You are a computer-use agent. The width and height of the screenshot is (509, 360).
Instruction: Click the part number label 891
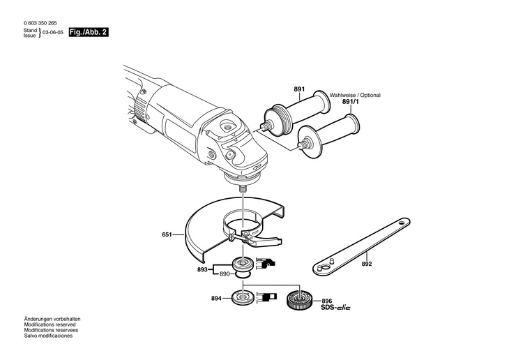tap(299, 89)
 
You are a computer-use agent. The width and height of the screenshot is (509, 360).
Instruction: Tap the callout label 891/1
tap(350, 102)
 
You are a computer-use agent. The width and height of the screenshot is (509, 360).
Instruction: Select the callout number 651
tap(167, 235)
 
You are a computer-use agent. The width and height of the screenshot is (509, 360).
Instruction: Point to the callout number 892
tap(367, 264)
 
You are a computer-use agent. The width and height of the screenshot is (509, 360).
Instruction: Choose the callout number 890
tap(224, 274)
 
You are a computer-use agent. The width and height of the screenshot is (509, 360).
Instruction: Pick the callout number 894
tap(216, 298)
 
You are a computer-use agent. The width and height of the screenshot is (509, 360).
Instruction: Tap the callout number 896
tap(327, 300)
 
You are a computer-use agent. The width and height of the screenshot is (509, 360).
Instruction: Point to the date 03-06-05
tap(54, 33)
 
